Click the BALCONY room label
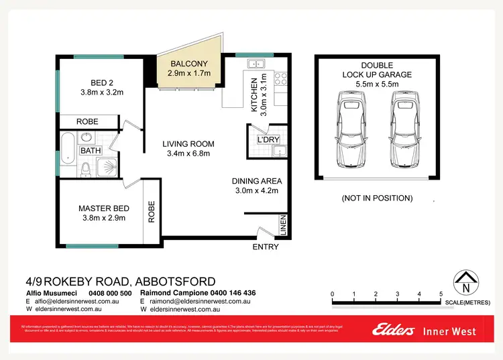tap(188, 64)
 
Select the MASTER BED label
tap(104, 208)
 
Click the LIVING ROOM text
tap(188, 143)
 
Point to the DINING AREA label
tap(257, 181)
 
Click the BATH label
tap(91, 151)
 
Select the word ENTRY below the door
tap(265, 247)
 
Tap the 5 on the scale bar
tap(441, 294)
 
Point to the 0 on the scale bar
tap(333, 294)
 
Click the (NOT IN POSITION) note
tap(377, 198)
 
